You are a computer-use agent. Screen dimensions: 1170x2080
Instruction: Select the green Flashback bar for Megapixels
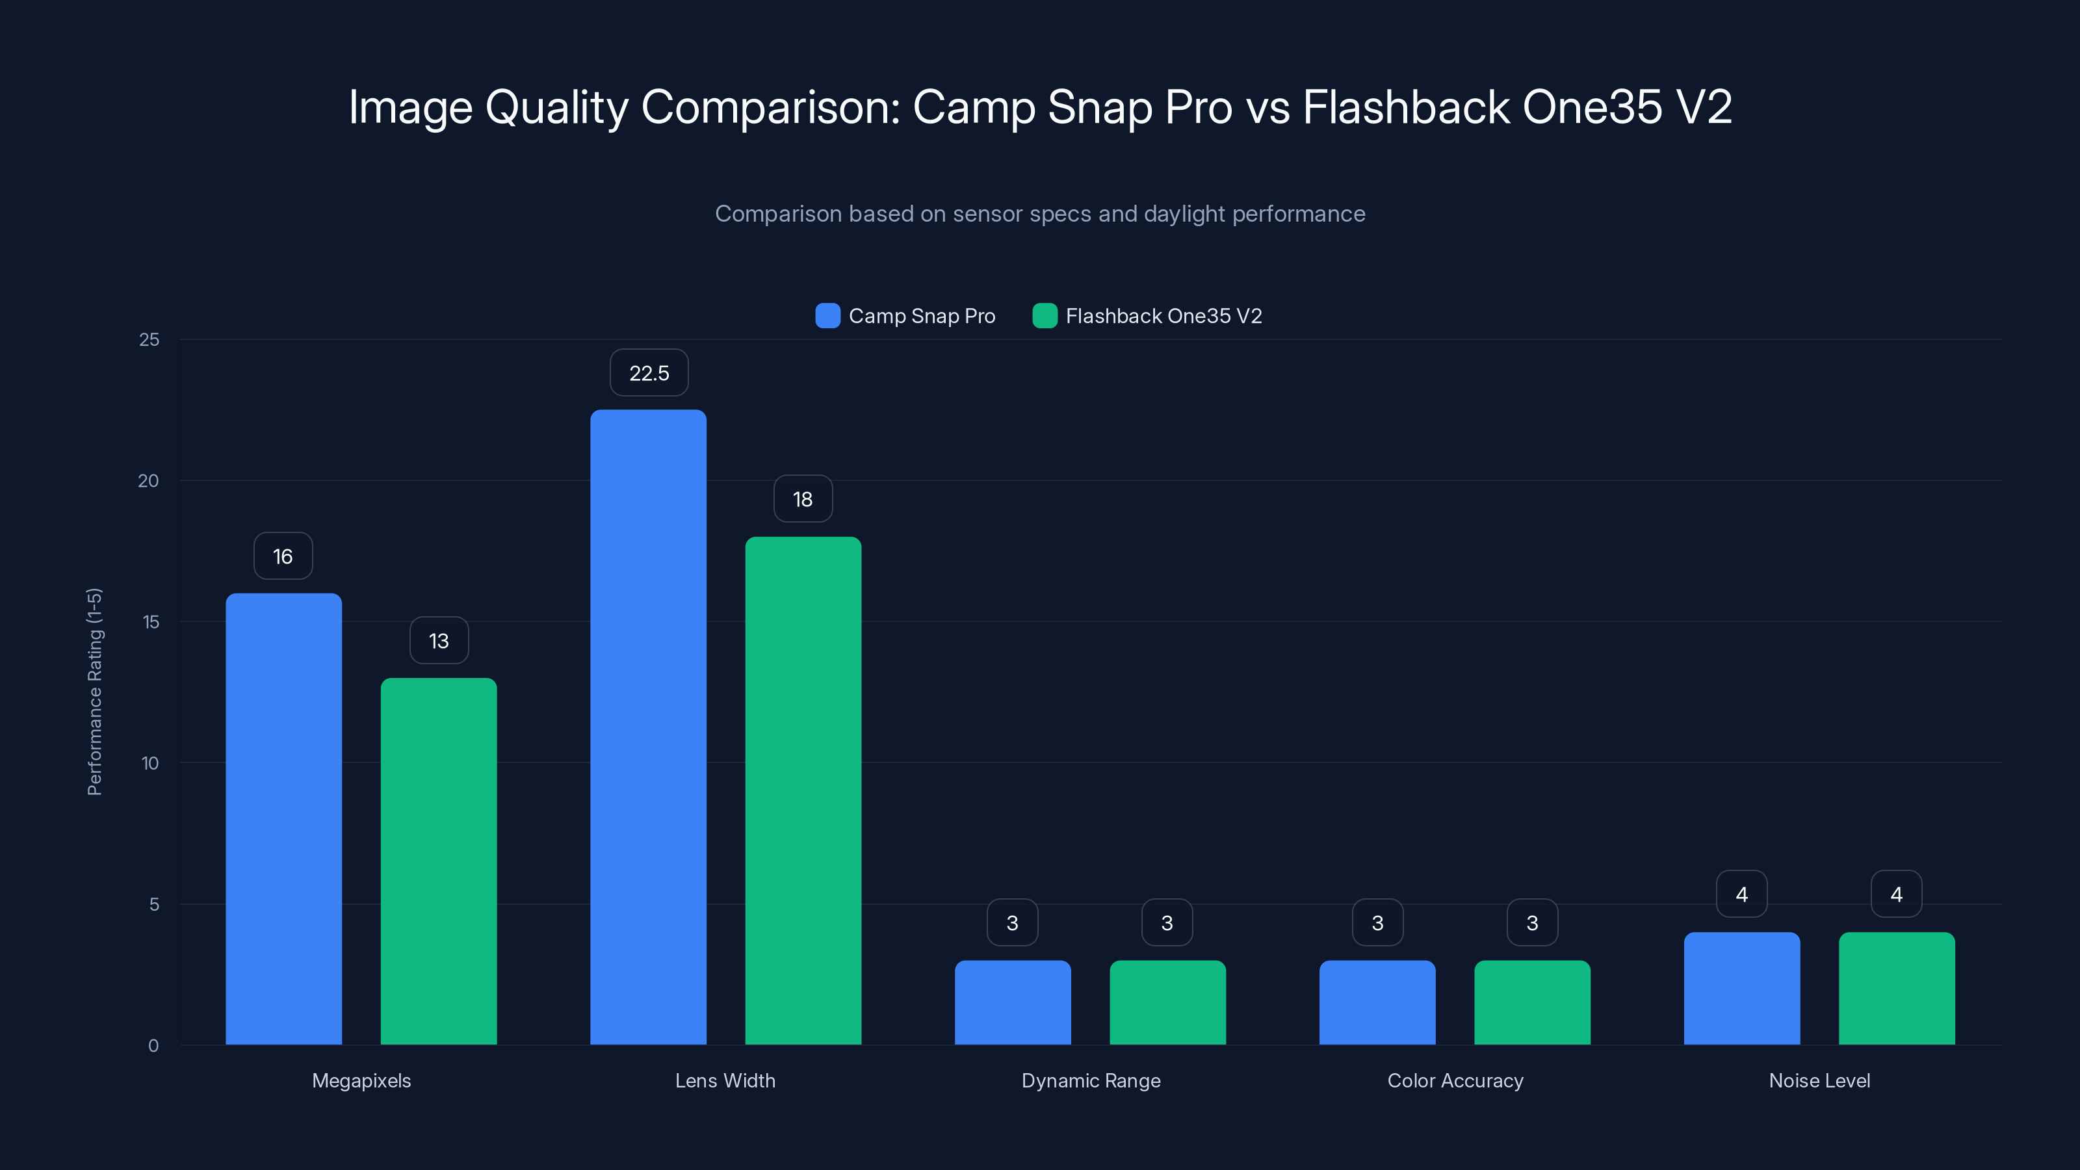[439, 861]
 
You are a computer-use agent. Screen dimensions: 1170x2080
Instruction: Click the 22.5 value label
[649, 373]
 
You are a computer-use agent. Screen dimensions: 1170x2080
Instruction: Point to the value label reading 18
[803, 499]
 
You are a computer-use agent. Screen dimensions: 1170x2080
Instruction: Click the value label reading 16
[283, 556]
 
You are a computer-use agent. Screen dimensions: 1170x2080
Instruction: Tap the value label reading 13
[439, 641]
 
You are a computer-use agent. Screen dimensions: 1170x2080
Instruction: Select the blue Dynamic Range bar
[1013, 1002]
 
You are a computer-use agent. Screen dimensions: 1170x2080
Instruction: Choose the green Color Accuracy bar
[1532, 1002]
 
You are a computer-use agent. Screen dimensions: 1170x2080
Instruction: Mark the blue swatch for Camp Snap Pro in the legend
[827, 316]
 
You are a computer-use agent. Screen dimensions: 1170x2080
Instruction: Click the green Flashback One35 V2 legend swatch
[1045, 316]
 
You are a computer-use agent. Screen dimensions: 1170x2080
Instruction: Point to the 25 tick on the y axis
[149, 340]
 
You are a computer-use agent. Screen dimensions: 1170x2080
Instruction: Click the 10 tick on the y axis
[150, 763]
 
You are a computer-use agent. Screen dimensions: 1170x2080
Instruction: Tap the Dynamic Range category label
[1091, 1080]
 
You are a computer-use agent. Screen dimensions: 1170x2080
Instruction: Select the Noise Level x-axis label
[1819, 1080]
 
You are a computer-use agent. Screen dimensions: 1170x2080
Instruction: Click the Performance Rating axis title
[94, 692]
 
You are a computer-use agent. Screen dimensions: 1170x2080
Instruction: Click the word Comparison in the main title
[770, 107]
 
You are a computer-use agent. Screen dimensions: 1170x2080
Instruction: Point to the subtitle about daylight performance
[1040, 214]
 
